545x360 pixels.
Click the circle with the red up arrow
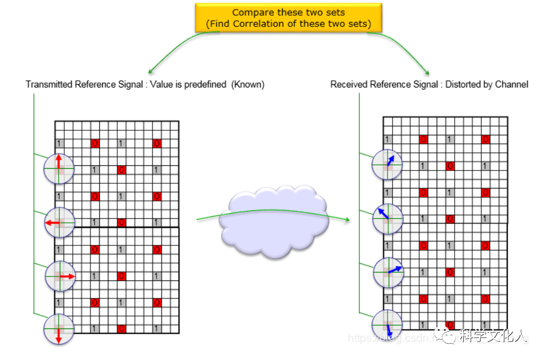(59, 168)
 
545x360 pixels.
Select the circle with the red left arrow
(59, 223)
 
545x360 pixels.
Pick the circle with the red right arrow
(60, 276)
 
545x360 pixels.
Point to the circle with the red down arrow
(59, 329)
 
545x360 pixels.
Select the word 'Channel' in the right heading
(512, 85)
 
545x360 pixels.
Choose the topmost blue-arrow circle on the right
(387, 164)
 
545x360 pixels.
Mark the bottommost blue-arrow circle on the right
(388, 325)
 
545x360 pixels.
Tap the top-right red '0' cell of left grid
(157, 143)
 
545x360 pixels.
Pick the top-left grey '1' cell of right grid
(387, 139)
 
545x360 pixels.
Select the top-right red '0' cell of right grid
(486, 139)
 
